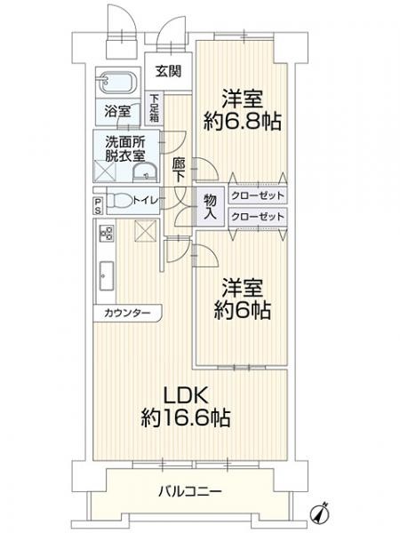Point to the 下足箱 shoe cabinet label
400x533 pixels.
(156, 107)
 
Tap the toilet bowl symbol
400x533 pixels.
(119, 200)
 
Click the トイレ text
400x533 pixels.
(146, 201)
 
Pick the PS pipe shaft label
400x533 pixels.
(97, 206)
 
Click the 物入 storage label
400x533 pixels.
(211, 206)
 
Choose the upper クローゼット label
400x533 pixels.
(258, 195)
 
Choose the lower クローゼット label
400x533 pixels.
(258, 216)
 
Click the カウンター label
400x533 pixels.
(126, 314)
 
